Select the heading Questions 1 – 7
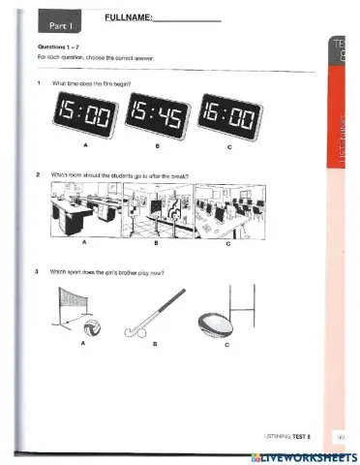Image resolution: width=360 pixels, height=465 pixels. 59,46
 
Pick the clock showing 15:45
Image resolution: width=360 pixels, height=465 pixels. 154,117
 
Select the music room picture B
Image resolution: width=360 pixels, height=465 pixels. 157,212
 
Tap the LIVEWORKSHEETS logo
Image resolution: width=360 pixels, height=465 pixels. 302,456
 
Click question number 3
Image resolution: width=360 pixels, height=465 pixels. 37,272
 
